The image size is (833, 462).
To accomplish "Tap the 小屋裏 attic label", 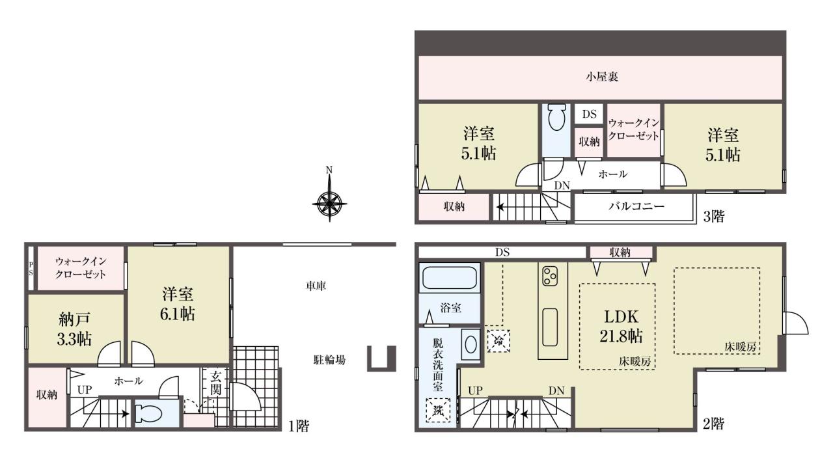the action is click(x=602, y=77).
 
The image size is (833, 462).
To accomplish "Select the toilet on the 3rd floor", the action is click(x=556, y=117).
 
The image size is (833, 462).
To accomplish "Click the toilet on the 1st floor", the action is click(x=148, y=414).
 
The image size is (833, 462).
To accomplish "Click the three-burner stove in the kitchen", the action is click(x=549, y=276).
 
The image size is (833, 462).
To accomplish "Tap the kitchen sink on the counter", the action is click(x=550, y=328).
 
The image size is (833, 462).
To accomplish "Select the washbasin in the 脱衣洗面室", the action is click(x=471, y=344).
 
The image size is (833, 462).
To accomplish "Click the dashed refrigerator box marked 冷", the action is click(x=498, y=340).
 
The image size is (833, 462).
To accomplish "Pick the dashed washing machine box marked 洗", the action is click(x=438, y=411).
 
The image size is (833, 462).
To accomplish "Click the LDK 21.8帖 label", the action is click(x=621, y=326).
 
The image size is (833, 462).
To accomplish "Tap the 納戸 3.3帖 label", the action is click(x=74, y=329).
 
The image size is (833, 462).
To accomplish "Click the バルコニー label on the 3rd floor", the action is click(x=636, y=206).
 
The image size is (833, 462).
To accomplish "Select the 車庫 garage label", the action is click(x=316, y=286).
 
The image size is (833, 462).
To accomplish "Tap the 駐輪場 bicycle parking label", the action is click(x=329, y=360).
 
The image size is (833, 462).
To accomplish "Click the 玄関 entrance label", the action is click(x=215, y=383).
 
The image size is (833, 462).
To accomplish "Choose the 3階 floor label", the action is click(x=714, y=216).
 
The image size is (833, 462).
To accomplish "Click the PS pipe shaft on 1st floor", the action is click(x=31, y=268).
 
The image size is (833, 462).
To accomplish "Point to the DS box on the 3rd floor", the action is click(x=589, y=114).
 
